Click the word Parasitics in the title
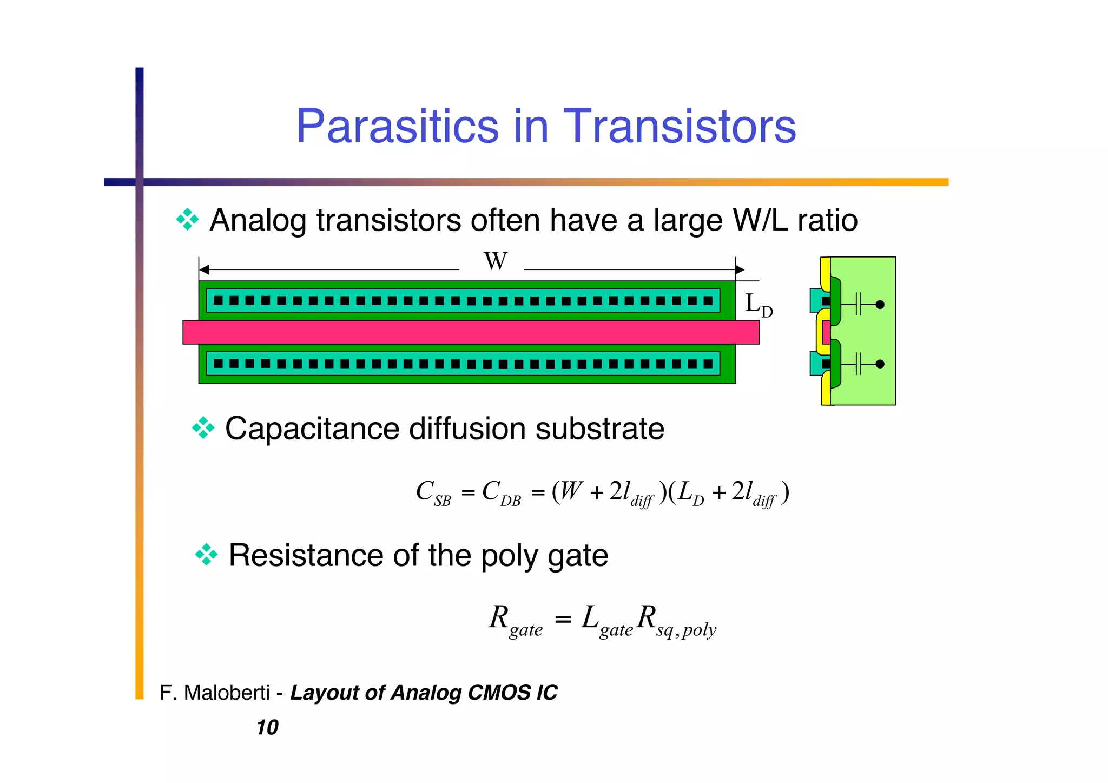(397, 126)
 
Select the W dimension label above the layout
(495, 261)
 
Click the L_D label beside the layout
(758, 305)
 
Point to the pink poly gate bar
(471, 332)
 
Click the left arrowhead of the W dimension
(205, 269)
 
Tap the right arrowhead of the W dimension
(740, 269)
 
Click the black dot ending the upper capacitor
(880, 305)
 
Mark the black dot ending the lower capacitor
(880, 364)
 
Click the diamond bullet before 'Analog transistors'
(187, 220)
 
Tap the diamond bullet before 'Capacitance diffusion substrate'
(203, 428)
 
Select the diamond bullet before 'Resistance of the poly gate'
(206, 555)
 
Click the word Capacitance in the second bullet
(312, 429)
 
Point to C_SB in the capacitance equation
(433, 493)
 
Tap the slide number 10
(267, 727)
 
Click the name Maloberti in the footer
(227, 693)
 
